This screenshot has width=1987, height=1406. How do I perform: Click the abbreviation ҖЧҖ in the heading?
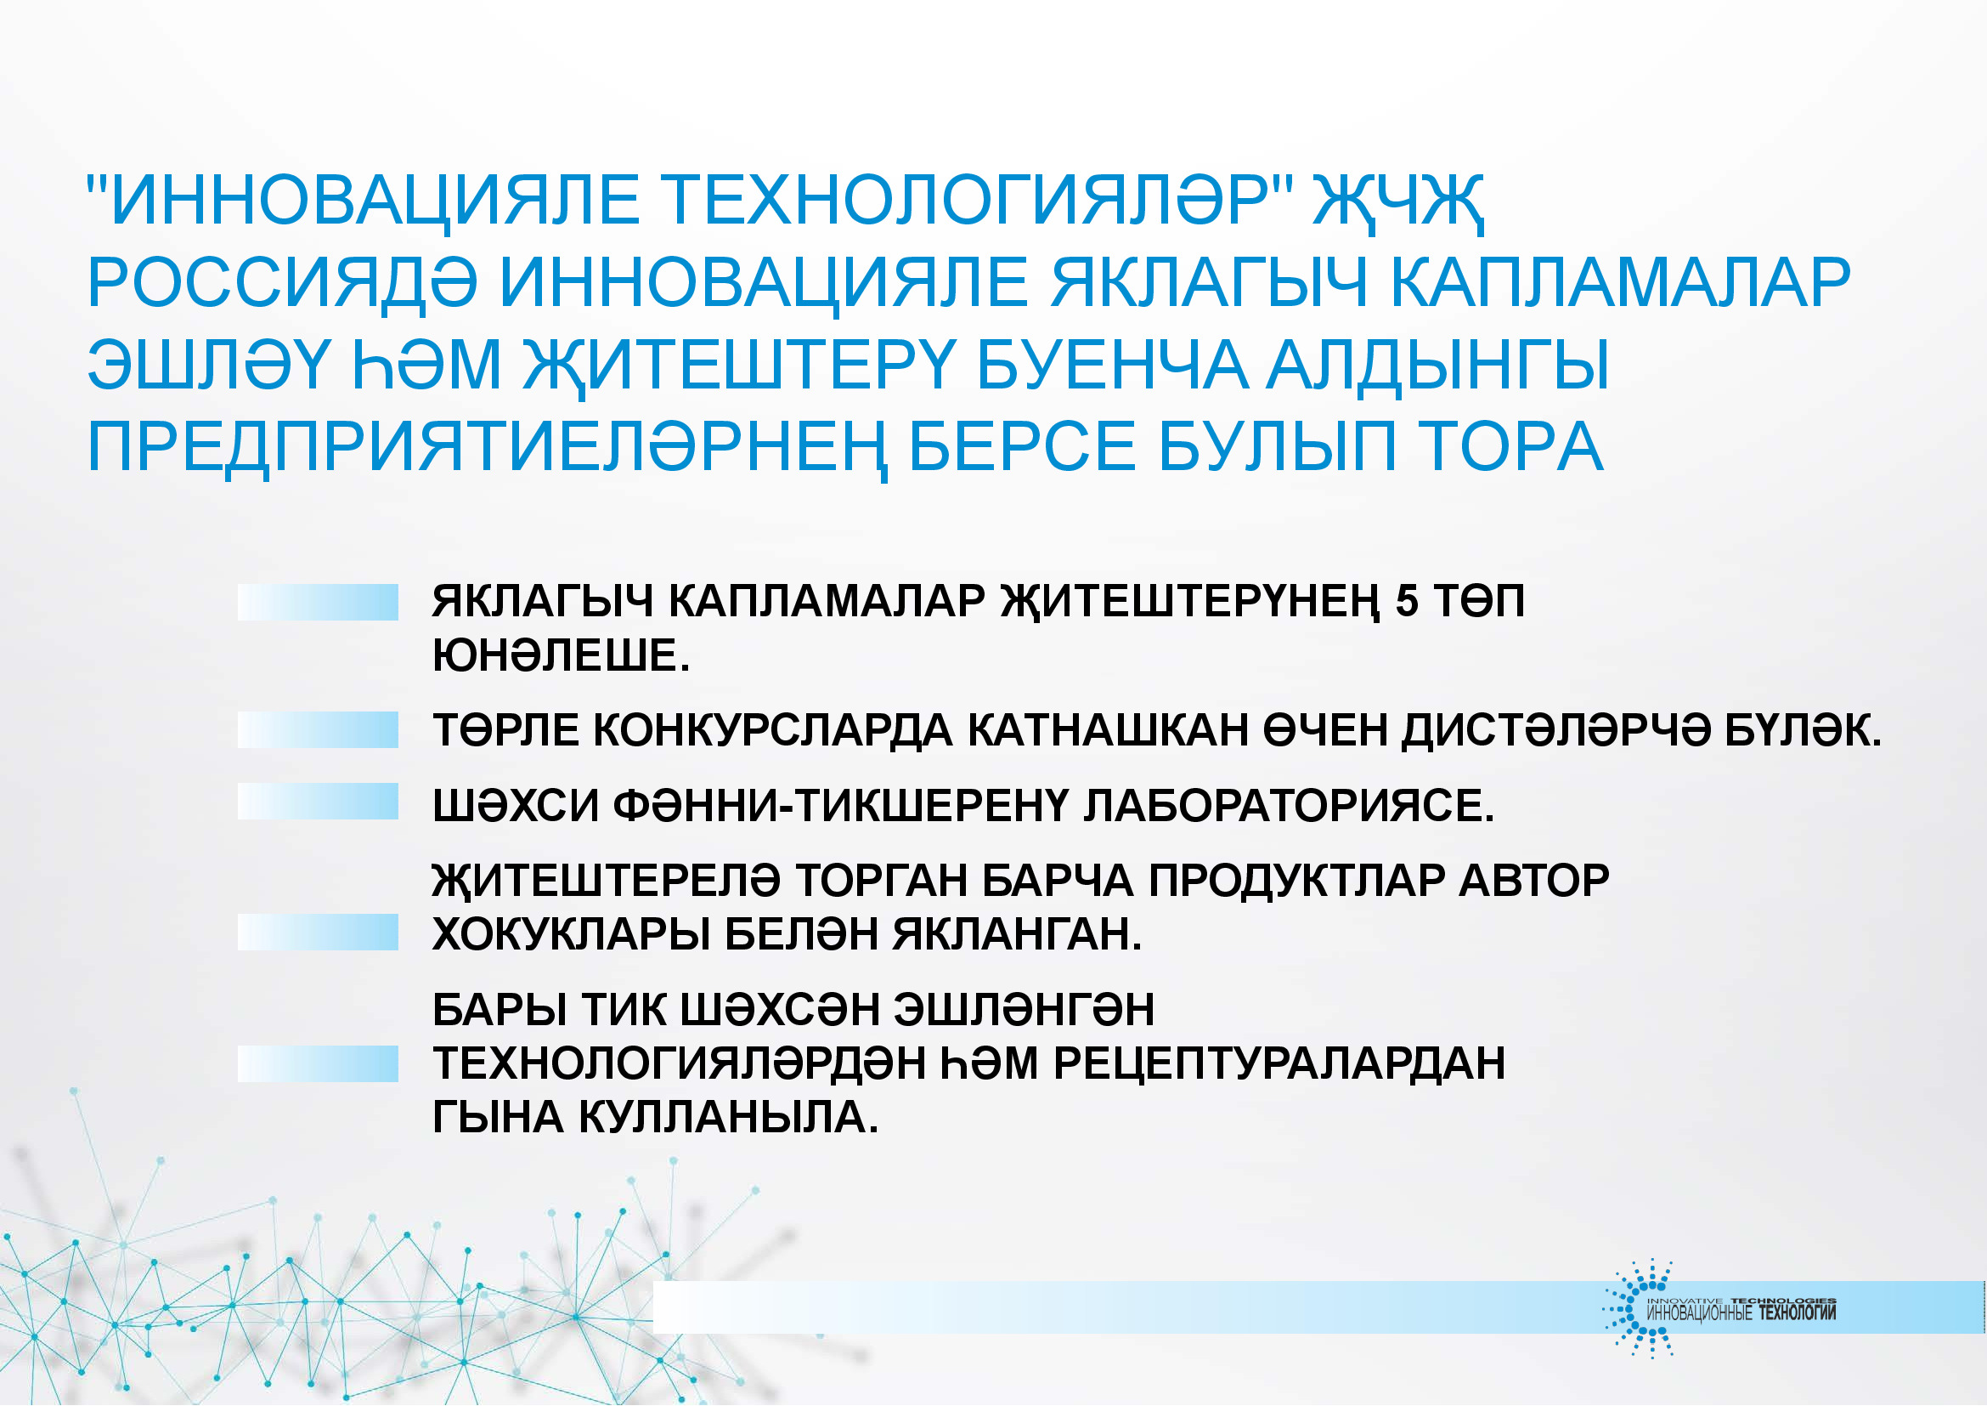point(1398,202)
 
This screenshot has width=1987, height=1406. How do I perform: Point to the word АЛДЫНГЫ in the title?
point(1437,366)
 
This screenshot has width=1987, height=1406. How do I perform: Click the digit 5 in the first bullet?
point(1407,601)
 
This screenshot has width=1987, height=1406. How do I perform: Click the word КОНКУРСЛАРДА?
point(773,730)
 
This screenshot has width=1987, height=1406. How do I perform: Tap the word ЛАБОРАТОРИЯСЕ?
point(1289,805)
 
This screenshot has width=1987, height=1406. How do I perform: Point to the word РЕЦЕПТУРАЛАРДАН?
point(1279,1063)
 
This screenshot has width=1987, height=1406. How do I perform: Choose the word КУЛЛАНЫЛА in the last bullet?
point(728,1118)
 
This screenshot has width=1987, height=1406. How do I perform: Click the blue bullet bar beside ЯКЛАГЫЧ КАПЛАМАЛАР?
point(318,602)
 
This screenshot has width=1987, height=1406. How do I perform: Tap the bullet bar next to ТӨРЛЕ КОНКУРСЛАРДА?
point(318,730)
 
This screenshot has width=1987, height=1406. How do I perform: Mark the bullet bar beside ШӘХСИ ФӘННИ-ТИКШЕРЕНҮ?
point(318,801)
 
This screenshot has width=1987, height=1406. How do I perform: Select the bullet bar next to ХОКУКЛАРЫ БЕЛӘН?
point(318,933)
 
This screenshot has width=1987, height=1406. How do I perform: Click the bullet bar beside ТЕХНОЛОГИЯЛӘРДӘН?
point(318,1064)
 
